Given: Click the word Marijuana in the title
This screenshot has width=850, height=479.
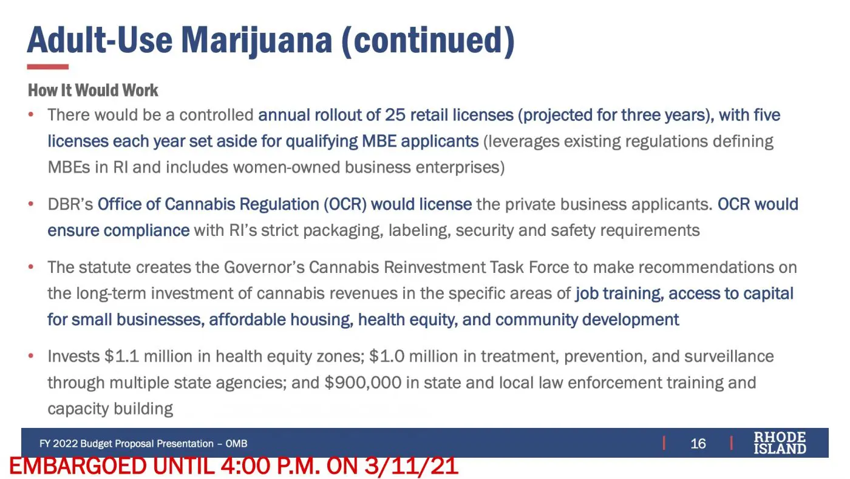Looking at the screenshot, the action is click(256, 41).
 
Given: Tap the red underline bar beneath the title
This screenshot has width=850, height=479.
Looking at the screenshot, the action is click(48, 67).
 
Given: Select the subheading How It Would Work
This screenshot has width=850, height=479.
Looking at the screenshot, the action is click(93, 91).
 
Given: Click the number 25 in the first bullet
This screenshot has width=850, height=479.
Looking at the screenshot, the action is click(395, 115).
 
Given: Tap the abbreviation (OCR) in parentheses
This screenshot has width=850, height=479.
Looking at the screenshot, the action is click(345, 204).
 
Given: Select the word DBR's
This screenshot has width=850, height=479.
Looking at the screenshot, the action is click(70, 204).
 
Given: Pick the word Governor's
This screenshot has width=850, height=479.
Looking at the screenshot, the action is click(264, 267).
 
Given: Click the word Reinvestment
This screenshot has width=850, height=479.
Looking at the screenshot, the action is click(435, 267).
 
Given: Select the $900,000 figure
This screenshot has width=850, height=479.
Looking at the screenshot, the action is click(363, 383).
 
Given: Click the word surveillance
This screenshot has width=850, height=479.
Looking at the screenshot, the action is click(729, 357).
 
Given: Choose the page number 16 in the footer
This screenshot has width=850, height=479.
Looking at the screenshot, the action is click(698, 444).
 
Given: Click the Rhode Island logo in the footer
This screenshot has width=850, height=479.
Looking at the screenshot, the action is click(780, 443).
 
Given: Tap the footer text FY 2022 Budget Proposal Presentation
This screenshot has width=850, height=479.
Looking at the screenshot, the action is click(126, 444).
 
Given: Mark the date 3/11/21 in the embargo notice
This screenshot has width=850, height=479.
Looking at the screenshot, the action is click(412, 466).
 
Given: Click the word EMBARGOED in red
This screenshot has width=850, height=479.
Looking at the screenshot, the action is click(78, 466).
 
